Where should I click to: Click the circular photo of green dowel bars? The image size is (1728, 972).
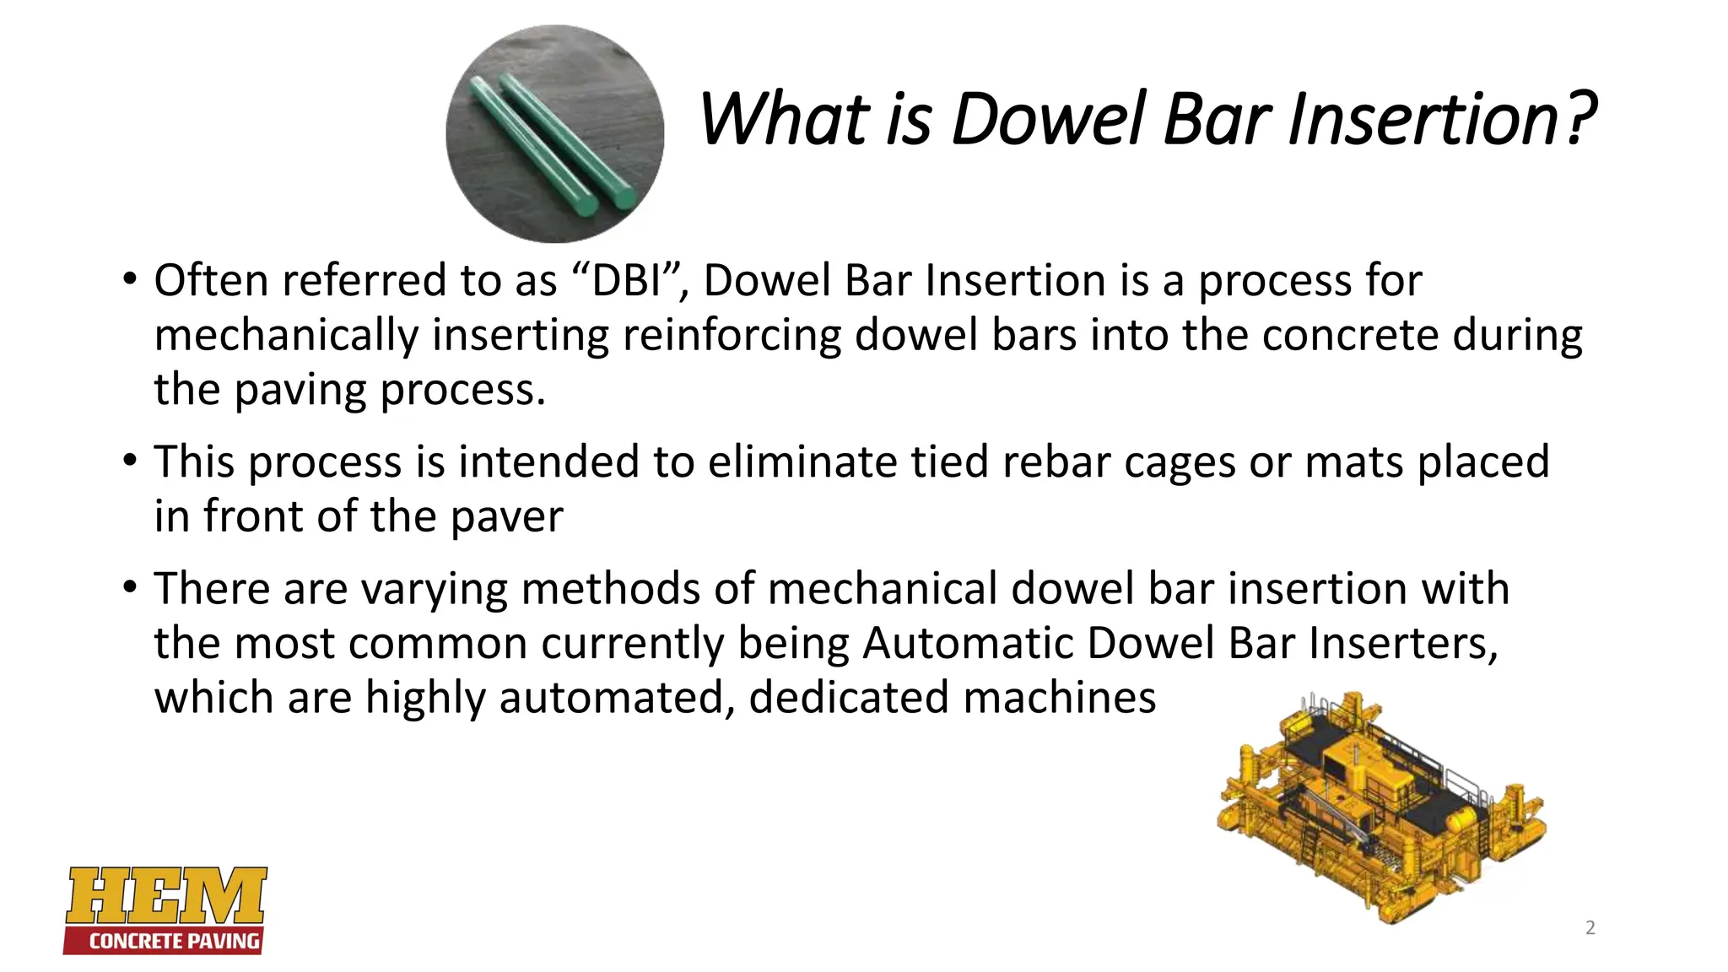coord(554,134)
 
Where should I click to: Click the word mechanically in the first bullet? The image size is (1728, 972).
coord(286,335)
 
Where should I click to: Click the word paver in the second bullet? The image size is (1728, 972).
coord(507,516)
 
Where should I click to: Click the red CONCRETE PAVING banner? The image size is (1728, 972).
coord(165,941)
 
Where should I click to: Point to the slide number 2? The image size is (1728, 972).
coord(1590,928)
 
